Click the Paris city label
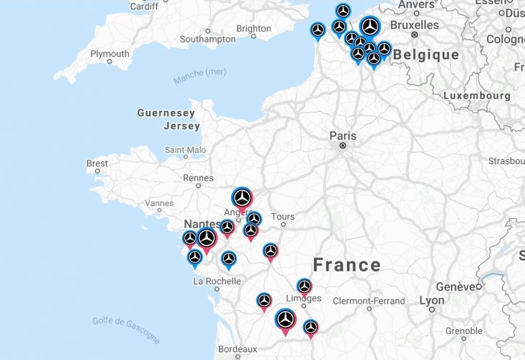pos(343,135)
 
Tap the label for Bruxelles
pos(415,24)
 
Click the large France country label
pos(346,264)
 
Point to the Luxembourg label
pos(476,95)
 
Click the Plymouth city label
pos(109,53)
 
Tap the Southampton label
pos(207,39)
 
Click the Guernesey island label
pos(166,113)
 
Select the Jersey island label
pos(181,126)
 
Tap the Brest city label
pos(97,163)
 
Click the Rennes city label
pos(198,178)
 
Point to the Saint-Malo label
pos(185,150)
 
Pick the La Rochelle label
pos(217,281)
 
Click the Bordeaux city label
pos(237,348)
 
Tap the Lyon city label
pos(432,300)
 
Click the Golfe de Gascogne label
pos(126,329)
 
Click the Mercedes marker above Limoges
pos(305,287)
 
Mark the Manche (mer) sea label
pos(199,75)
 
